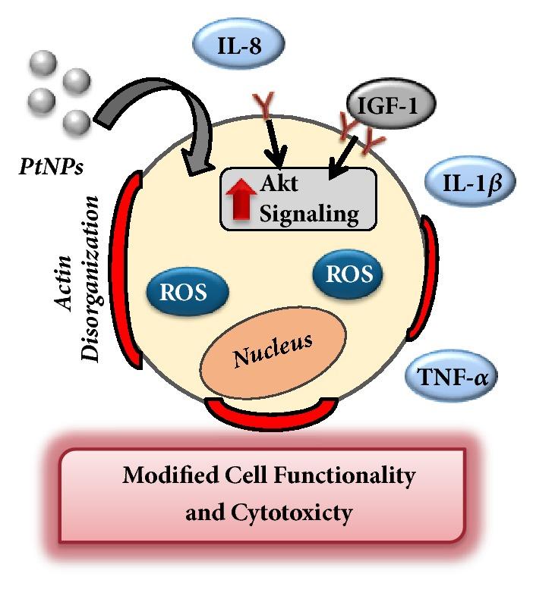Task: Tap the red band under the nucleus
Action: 271,412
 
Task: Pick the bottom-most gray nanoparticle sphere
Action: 76,121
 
